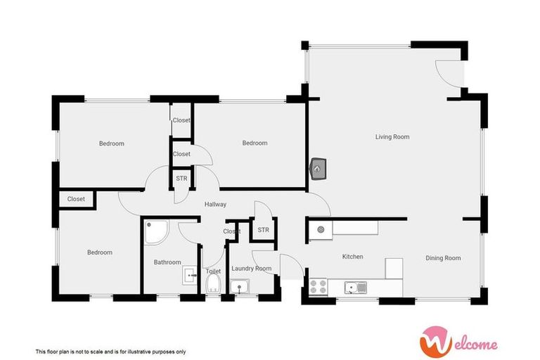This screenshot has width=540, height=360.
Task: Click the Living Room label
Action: (x=392, y=136)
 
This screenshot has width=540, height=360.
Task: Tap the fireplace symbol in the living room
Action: (x=317, y=169)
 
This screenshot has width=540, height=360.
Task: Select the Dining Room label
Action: (x=443, y=258)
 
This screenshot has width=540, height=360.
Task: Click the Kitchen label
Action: (x=352, y=257)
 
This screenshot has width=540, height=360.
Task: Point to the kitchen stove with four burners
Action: (x=318, y=287)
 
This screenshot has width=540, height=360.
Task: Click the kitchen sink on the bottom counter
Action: (x=355, y=287)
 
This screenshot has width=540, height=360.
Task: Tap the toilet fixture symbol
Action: (x=213, y=284)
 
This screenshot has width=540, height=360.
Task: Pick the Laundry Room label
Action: (x=251, y=269)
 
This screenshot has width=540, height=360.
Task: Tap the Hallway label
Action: (x=215, y=205)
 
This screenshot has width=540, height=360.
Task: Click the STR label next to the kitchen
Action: (x=263, y=230)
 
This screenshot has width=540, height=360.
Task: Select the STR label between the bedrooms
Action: (x=181, y=179)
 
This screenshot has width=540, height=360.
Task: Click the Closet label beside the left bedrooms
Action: (x=76, y=199)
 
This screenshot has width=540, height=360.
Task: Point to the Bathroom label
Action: (x=167, y=262)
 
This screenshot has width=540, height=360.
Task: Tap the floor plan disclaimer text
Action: (x=110, y=351)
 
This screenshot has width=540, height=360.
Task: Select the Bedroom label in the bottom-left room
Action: (x=99, y=252)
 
